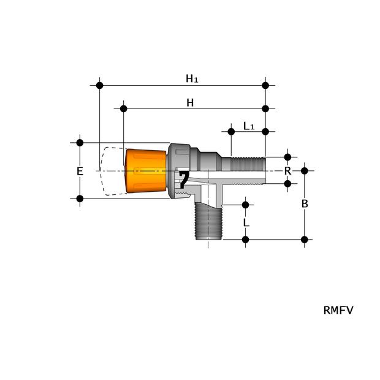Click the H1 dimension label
click(192, 78)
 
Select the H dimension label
click(190, 103)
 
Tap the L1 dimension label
click(249, 126)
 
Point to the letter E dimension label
click(80, 172)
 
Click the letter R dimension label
click(287, 171)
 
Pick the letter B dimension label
click(305, 204)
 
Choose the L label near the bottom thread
click(246, 223)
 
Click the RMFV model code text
click(338, 310)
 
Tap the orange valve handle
click(146, 170)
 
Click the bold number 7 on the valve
click(183, 180)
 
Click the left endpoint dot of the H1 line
click(100, 85)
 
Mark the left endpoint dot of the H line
click(124, 108)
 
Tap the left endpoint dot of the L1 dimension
click(231, 132)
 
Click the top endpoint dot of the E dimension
click(80, 143)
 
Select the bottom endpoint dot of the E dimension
click(80, 199)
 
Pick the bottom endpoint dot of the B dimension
click(305, 239)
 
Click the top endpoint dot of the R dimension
click(287, 157)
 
